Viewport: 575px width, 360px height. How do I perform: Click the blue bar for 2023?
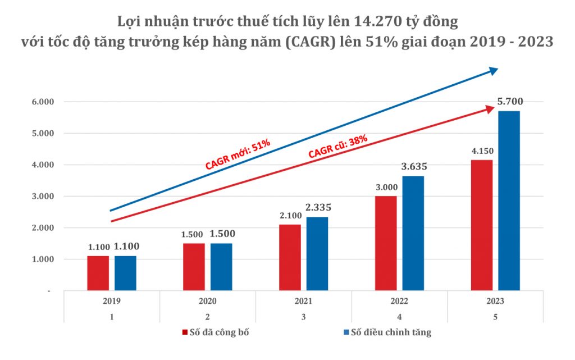(509, 200)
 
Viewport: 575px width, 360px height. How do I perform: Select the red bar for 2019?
(98, 273)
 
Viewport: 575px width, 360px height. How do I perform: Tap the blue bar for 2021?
(317, 253)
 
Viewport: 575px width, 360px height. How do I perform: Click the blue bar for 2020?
(221, 267)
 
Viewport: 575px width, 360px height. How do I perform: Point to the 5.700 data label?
(510, 102)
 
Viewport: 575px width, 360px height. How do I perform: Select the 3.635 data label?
(414, 166)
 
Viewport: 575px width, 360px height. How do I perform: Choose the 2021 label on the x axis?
(303, 301)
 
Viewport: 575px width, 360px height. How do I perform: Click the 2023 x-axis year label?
(495, 301)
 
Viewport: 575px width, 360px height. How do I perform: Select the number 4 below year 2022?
(399, 317)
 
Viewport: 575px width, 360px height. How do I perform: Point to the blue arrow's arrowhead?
(494, 70)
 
